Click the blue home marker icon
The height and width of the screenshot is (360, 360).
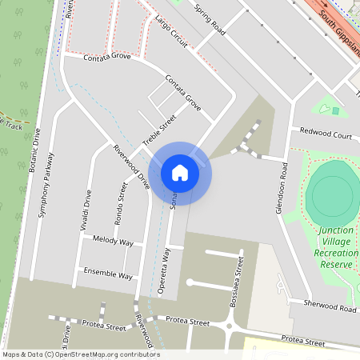(179, 172)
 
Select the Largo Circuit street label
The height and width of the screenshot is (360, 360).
(170, 31)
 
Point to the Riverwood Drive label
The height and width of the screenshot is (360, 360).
(131, 166)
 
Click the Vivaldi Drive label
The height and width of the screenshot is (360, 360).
(86, 210)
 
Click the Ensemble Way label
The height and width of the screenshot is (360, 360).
(108, 274)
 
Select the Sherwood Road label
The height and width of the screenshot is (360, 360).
(330, 307)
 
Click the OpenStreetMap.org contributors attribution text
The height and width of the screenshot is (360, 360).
(117, 354)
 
